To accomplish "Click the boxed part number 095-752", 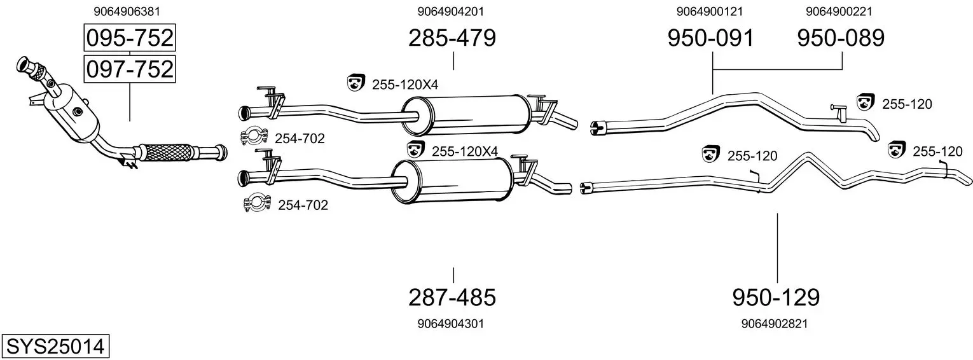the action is tap(130, 38).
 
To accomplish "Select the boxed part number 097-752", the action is tap(130, 69).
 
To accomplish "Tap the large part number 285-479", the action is tap(452, 38).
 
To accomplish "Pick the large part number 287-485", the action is tap(452, 298).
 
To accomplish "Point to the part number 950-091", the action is tap(711, 38).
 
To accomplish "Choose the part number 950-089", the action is tap(841, 38).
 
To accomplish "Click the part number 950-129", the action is tap(776, 298).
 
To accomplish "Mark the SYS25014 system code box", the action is tap(55, 346).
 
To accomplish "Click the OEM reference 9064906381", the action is tap(127, 11).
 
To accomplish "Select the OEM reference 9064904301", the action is tap(450, 324).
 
